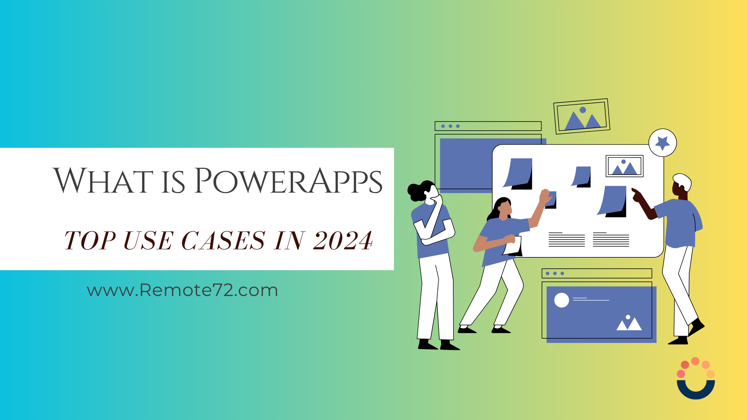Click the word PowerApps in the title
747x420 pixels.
(288, 180)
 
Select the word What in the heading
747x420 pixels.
(103, 180)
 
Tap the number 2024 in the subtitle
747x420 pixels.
(343, 240)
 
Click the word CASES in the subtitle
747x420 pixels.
(223, 240)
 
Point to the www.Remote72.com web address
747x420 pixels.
(182, 290)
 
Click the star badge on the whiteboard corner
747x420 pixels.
(663, 143)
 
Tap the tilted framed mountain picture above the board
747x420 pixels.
(582, 116)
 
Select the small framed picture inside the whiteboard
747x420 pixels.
(624, 166)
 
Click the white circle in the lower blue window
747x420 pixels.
(562, 300)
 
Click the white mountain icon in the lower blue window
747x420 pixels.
(629, 323)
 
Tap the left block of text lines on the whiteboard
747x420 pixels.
(567, 240)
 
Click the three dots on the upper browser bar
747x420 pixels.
(451, 126)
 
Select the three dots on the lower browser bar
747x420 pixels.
(555, 273)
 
